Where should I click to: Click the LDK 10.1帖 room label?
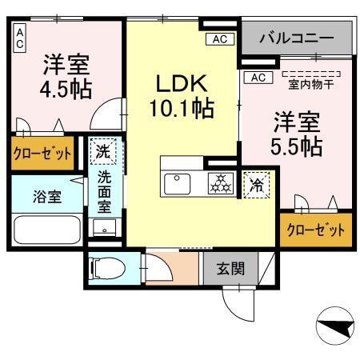[x=181, y=94]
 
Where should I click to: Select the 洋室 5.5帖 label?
[x=298, y=134]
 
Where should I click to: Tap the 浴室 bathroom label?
[x=32, y=196]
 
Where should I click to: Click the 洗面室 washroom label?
[x=105, y=193]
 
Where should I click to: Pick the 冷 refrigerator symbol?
[x=257, y=183]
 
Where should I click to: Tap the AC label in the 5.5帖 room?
[x=258, y=78]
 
